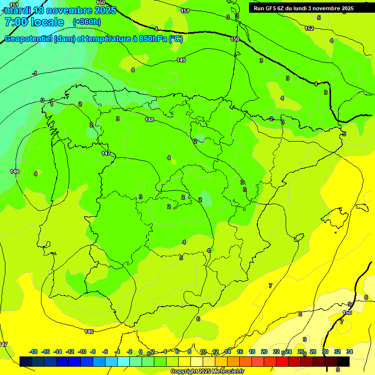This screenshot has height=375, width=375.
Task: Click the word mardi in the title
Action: click(x=21, y=10)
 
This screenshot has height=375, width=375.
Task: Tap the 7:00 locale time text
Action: click(x=34, y=22)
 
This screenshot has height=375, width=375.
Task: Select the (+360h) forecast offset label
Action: click(x=87, y=22)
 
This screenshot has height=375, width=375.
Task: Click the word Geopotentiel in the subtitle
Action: click(x=28, y=39)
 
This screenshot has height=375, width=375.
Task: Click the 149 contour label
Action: click(x=181, y=60)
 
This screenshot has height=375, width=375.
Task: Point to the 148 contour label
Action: click(x=149, y=120)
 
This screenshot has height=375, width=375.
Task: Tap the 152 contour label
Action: click(x=309, y=28)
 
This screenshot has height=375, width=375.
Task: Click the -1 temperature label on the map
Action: click(x=34, y=74)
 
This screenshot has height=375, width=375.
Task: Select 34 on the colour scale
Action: click(x=350, y=352)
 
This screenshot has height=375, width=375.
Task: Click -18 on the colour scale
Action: click(x=33, y=352)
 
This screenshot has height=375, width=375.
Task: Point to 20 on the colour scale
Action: click(x=264, y=352)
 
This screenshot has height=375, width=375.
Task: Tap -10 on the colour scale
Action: click(x=82, y=352)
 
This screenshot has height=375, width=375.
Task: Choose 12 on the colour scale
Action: click(x=215, y=352)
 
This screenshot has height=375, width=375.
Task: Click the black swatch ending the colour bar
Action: click(x=343, y=361)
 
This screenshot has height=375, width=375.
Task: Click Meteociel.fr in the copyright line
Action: click(x=229, y=372)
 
